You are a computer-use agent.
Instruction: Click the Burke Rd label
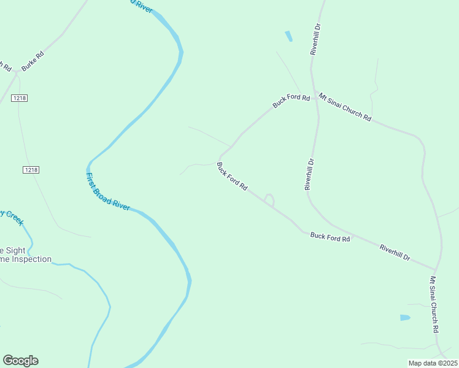(x=33, y=61)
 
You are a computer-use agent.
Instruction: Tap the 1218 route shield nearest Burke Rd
(x=19, y=98)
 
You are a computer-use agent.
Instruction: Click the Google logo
(x=20, y=361)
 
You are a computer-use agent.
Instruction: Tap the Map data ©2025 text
(x=433, y=363)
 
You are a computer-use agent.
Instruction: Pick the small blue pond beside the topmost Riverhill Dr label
(x=288, y=36)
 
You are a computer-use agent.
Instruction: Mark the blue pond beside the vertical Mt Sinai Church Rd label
(x=404, y=318)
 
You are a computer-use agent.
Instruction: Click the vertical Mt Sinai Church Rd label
(x=434, y=305)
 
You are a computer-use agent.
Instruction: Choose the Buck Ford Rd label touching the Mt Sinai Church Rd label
(x=291, y=101)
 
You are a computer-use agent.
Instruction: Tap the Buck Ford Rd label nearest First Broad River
(x=232, y=177)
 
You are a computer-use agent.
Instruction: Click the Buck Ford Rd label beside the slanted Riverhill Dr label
(x=330, y=237)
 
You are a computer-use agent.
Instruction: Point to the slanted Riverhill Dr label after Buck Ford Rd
(x=395, y=252)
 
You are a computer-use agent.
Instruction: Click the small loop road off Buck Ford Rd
(x=269, y=199)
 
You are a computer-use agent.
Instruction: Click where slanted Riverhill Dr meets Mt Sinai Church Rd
(x=435, y=269)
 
